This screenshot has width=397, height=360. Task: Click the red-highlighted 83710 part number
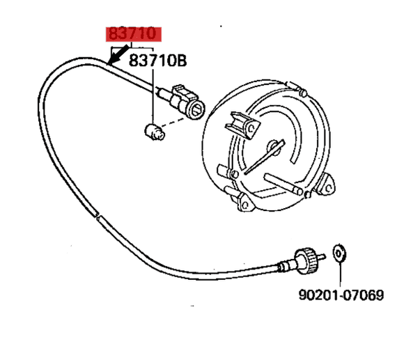pyautogui.click(x=133, y=35)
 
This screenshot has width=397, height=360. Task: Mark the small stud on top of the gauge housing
pyautogui.click(x=303, y=91)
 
